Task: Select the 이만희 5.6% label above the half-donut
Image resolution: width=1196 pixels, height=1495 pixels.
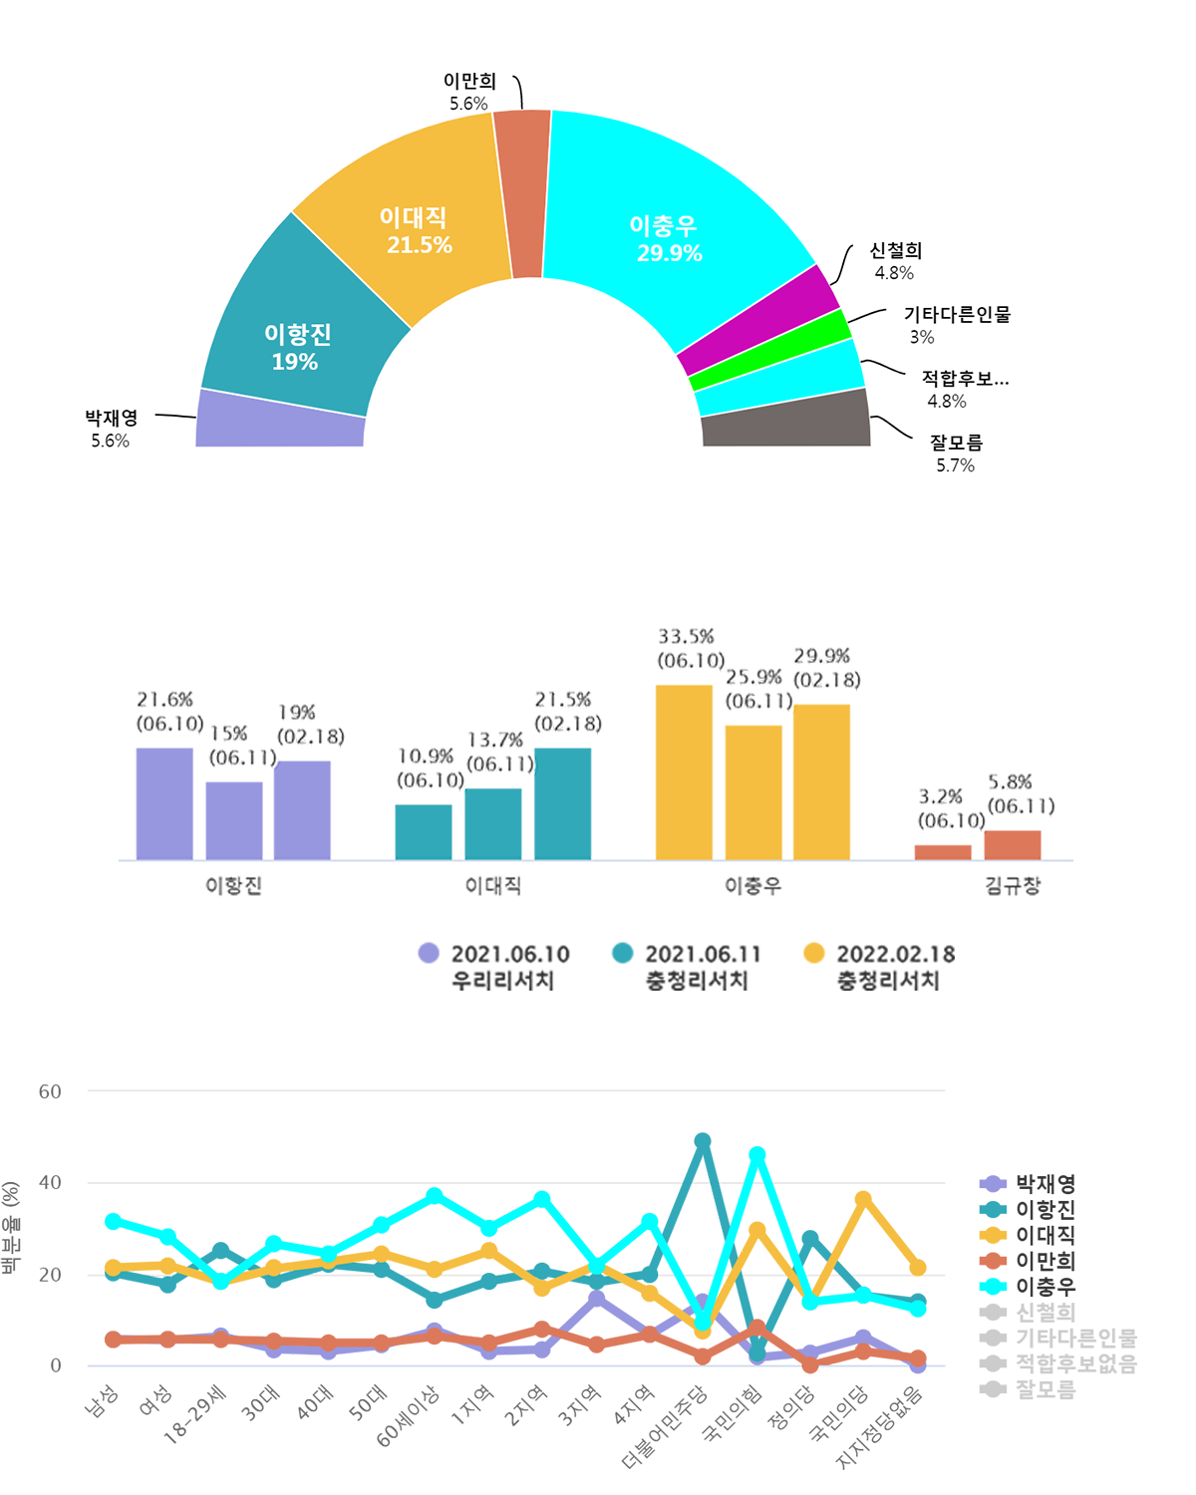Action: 468,92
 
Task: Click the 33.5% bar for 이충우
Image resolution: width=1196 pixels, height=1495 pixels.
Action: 684,772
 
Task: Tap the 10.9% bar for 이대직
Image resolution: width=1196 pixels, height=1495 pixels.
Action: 424,832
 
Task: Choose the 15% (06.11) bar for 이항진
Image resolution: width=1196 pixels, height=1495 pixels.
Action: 234,820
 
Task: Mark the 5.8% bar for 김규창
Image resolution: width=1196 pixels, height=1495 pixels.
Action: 1013,845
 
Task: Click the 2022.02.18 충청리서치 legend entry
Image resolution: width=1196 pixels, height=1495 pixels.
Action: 883,967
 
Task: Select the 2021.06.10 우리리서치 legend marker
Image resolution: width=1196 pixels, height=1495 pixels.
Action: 429,954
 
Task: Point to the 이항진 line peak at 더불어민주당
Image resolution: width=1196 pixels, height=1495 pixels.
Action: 703,1141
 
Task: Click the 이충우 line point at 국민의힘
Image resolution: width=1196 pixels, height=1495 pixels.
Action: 757,1155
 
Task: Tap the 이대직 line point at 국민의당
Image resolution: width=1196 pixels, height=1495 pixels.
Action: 863,1199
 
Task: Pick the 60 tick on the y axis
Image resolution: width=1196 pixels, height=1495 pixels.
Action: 50,1091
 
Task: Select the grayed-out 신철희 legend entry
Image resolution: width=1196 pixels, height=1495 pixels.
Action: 1045,1313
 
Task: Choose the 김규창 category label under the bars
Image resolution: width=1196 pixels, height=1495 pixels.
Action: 1013,885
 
